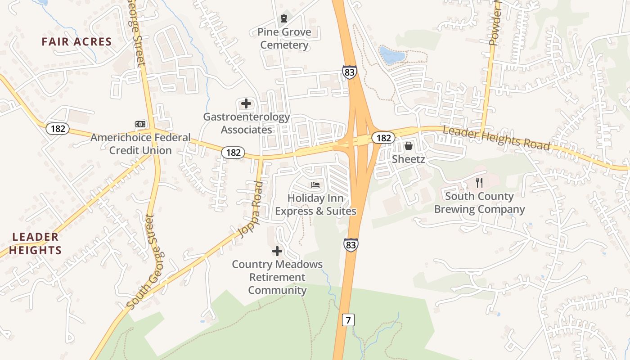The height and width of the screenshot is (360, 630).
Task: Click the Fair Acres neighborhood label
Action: point(76,42)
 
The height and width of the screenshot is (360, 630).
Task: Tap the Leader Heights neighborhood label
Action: point(35,243)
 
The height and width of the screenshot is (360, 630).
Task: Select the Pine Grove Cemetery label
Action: point(284,38)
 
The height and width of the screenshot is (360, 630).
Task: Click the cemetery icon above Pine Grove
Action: point(284,18)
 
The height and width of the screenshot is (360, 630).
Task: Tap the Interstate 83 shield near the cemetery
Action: point(349,72)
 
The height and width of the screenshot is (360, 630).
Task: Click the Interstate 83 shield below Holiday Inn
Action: point(351,244)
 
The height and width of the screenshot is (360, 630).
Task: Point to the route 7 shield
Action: point(348,320)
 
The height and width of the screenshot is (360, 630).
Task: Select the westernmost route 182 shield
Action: point(58,129)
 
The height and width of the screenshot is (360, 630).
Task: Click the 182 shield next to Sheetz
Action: point(383,138)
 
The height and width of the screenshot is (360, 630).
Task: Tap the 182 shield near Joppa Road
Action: point(233,153)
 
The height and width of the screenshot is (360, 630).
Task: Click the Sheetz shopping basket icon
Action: point(408,146)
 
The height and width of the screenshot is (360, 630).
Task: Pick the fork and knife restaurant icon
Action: point(479,182)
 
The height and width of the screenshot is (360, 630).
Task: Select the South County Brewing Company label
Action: point(479,203)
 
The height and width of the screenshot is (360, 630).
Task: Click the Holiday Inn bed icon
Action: point(315,185)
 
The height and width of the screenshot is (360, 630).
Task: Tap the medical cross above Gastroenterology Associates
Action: point(246,103)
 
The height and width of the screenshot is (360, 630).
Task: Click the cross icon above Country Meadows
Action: point(277,251)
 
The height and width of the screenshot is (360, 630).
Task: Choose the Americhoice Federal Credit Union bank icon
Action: point(140,124)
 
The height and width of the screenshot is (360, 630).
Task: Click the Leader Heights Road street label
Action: point(496,138)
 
